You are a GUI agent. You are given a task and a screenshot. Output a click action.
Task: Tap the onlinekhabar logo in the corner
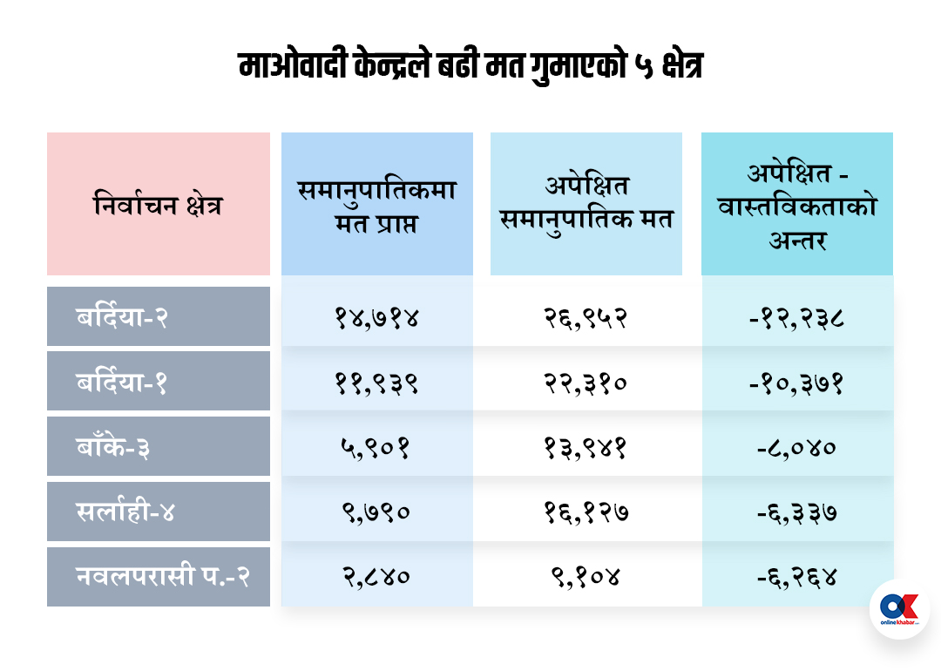(899, 609)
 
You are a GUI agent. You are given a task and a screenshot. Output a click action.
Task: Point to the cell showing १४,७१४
(376, 317)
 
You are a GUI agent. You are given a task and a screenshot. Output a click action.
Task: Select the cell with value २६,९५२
(586, 317)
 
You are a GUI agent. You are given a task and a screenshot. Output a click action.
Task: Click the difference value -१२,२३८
(797, 317)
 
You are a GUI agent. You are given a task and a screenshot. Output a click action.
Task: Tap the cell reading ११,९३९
(376, 383)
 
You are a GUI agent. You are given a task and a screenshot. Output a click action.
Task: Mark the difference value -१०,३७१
(797, 383)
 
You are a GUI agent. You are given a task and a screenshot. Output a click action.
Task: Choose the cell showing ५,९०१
(376, 448)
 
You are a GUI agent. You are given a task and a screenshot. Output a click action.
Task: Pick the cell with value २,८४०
(376, 577)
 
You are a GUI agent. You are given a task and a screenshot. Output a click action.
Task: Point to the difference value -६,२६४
(797, 577)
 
